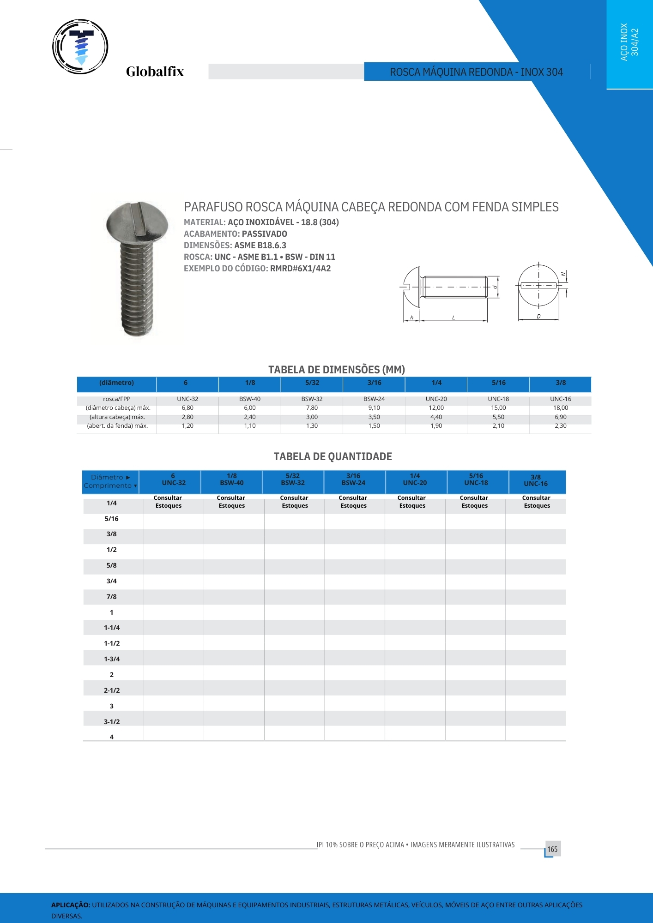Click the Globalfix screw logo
[80, 47]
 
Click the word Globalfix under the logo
[155, 72]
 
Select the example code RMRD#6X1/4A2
[300, 269]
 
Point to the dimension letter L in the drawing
[453, 318]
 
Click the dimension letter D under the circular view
[538, 317]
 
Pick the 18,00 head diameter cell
[560, 408]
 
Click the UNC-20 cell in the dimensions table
[436, 399]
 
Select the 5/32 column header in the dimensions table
[312, 383]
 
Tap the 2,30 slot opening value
[560, 426]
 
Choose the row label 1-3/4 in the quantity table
[112, 659]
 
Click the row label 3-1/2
[112, 722]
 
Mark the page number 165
[552, 849]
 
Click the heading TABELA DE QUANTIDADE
[333, 456]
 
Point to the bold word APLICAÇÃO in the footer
[71, 905]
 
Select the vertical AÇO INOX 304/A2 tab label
[629, 42]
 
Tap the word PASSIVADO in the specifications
[265, 234]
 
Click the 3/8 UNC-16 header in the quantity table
[536, 480]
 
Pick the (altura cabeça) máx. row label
[117, 417]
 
